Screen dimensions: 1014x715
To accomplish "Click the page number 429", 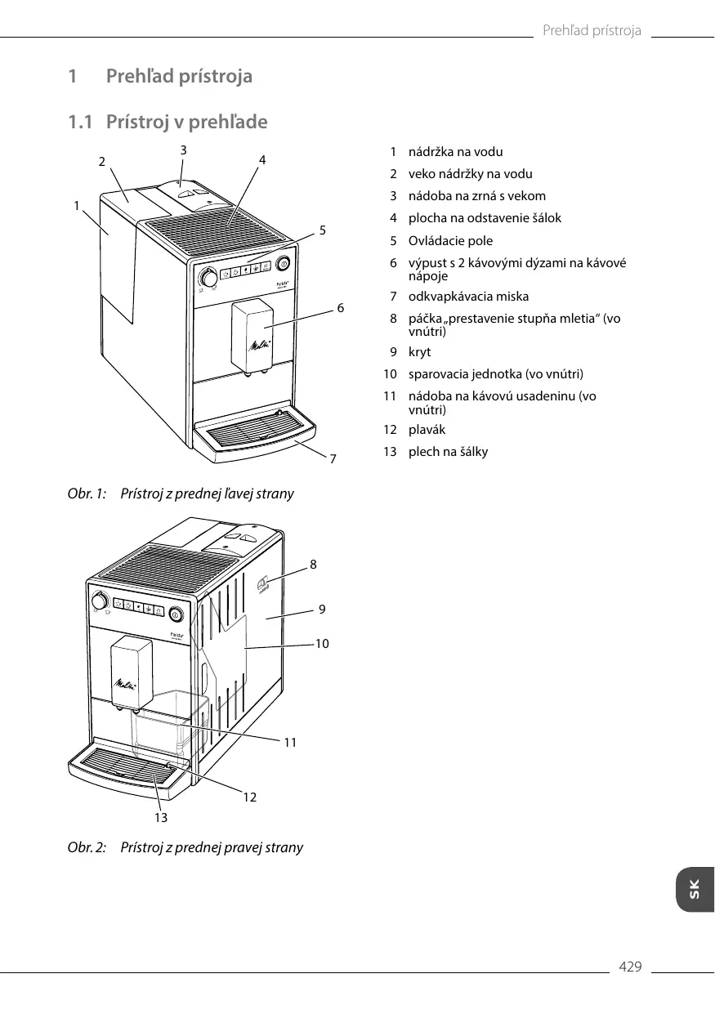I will [630, 967].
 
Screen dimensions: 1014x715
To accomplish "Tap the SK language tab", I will [694, 890].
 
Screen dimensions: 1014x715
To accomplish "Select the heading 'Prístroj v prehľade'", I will [187, 123].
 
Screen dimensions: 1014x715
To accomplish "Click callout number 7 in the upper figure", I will [333, 459].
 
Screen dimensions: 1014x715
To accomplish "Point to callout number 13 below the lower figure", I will [161, 816].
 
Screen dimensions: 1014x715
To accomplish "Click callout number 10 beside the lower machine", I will [322, 644].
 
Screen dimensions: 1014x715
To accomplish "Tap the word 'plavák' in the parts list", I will [427, 430].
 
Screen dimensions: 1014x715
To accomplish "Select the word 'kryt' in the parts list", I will [419, 352].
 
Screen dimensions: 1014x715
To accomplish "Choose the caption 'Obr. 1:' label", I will [87, 494].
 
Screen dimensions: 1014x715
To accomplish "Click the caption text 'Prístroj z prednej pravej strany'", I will [212, 847].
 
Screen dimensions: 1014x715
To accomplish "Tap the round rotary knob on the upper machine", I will [209, 278].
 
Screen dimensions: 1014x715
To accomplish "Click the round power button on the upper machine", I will [284, 263].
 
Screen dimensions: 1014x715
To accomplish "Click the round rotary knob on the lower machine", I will [100, 601].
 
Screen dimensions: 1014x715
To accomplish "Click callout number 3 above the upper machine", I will [184, 150].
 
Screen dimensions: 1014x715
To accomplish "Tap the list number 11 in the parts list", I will [390, 396].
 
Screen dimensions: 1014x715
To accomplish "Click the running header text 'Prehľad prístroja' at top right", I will [592, 31].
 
